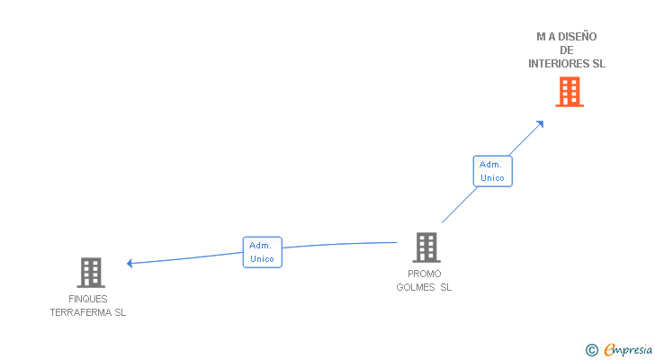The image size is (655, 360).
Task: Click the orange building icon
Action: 570,92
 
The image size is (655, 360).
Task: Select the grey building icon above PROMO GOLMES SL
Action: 426,247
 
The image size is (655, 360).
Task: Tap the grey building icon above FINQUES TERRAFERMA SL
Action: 91,273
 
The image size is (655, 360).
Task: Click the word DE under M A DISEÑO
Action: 567,50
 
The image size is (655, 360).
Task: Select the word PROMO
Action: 425,274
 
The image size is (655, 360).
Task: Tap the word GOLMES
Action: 416,287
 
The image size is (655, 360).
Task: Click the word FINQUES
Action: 88,299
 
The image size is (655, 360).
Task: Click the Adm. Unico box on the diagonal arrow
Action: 492,171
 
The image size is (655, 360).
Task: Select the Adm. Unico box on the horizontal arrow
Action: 263,252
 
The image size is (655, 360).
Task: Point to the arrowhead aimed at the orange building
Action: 540,124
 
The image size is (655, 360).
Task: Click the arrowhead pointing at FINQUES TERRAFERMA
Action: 130,263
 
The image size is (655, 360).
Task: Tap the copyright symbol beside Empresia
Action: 591,350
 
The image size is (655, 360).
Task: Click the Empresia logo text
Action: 628,350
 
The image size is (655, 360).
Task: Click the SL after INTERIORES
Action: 598,64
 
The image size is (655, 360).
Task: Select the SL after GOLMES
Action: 445,287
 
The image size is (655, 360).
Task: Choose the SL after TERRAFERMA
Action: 121,312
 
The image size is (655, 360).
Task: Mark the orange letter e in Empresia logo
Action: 609,349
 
